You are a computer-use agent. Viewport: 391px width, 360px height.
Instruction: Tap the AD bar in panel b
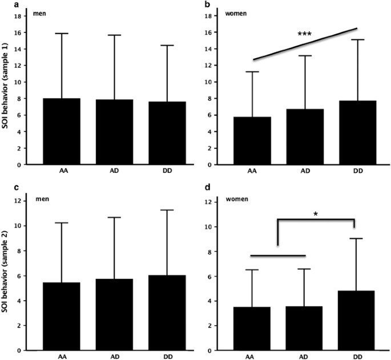pyautogui.click(x=304, y=137)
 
